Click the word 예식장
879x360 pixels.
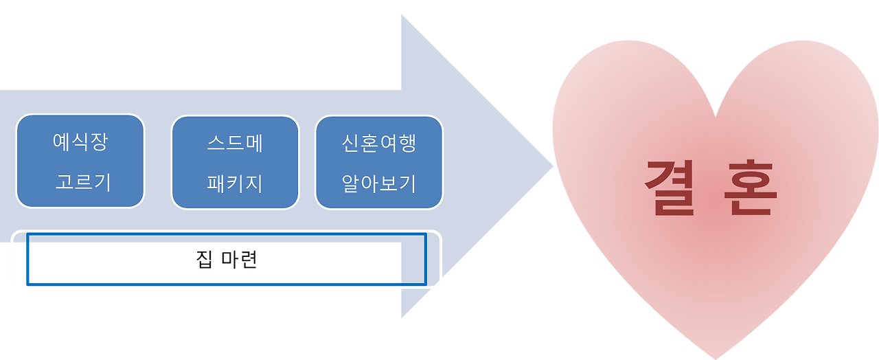click(x=80, y=143)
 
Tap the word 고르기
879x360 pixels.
click(x=82, y=183)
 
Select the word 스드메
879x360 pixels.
click(x=236, y=144)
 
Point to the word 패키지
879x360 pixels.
click(x=235, y=184)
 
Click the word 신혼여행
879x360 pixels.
click(x=379, y=144)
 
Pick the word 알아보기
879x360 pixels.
click(x=379, y=184)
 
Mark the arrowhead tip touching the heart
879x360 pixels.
click(x=553, y=166)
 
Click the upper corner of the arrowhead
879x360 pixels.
click(x=401, y=13)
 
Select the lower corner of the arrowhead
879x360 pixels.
click(x=401, y=319)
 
